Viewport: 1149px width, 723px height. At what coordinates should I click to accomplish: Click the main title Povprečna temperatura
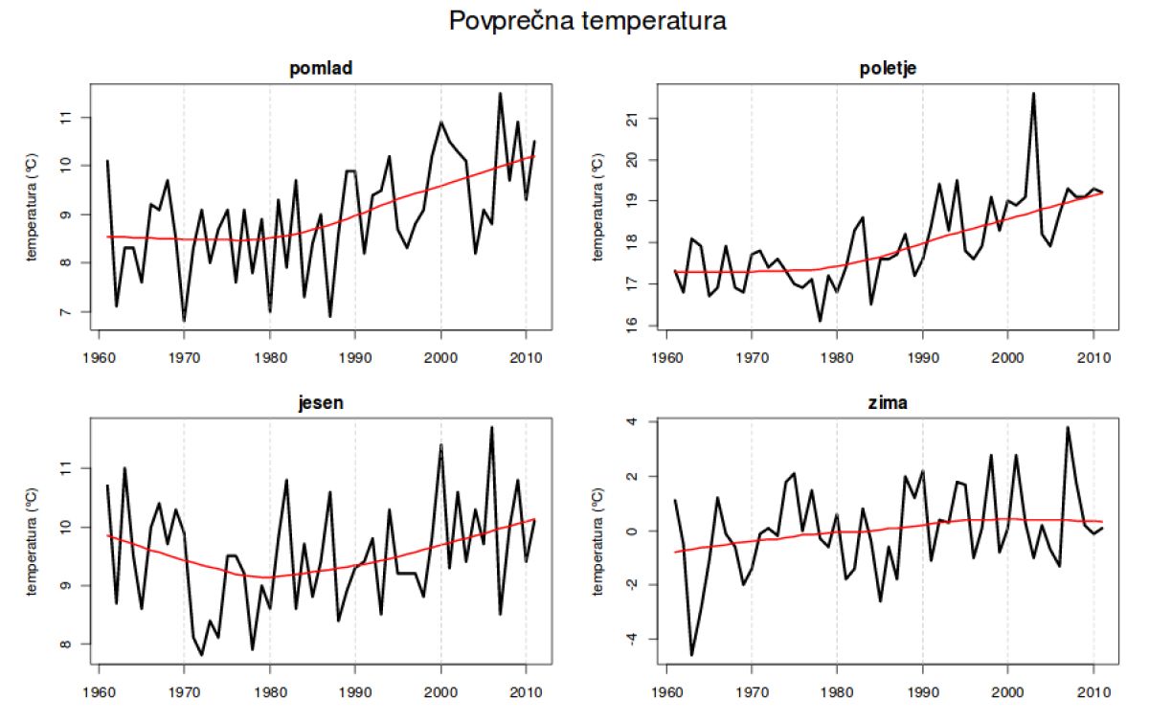pyautogui.click(x=587, y=22)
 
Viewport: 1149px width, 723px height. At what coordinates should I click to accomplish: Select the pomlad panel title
pyautogui.click(x=320, y=68)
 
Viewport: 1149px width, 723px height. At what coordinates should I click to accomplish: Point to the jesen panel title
pyautogui.click(x=320, y=403)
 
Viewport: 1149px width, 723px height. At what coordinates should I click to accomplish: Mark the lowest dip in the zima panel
pyautogui.click(x=691, y=655)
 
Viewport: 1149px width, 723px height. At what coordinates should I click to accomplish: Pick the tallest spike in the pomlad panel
pyautogui.click(x=500, y=93)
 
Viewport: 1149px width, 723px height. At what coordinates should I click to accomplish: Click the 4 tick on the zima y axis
pyautogui.click(x=642, y=422)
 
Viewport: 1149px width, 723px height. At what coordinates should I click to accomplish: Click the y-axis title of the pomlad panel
pyautogui.click(x=33, y=206)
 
